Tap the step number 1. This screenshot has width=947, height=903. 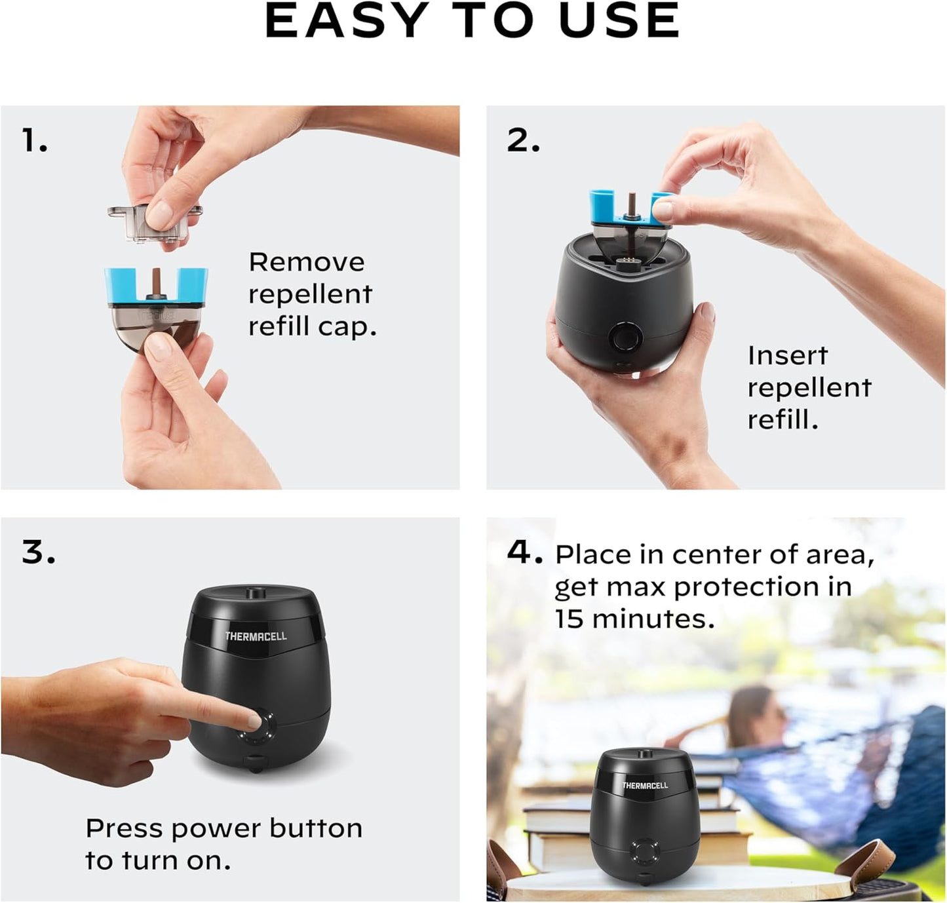pos(34,141)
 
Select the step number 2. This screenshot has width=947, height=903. pos(523,141)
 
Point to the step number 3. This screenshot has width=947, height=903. pos(38,552)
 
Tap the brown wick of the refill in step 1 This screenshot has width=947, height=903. pos(157,282)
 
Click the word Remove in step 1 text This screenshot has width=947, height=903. pos(306,263)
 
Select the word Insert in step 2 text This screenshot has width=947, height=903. pos(788,356)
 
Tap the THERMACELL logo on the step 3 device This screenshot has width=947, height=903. pos(256,636)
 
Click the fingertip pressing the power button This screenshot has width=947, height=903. pos(253,721)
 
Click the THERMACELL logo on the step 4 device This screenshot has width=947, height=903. pos(645,785)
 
